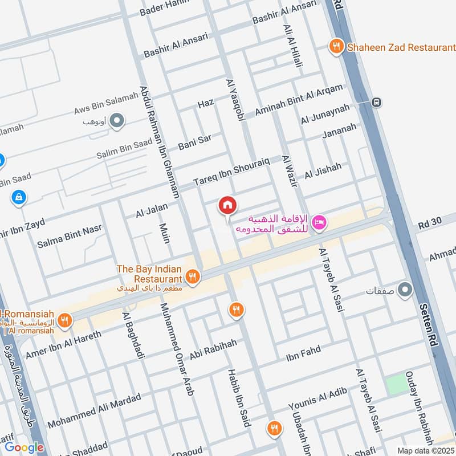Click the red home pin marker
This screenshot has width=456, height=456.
coord(227,205)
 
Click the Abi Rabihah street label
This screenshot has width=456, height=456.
coord(213,349)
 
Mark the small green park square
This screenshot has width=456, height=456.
coord(397,385)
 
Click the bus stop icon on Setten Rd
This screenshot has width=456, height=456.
coord(376,103)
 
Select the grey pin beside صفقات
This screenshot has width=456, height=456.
coord(405,290)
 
